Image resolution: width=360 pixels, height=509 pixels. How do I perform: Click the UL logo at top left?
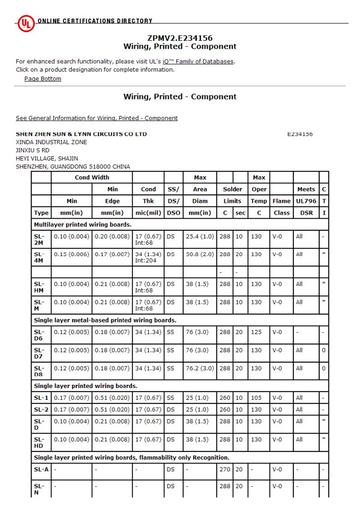tap(26, 23)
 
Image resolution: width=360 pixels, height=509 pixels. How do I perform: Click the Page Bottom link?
tap(43, 79)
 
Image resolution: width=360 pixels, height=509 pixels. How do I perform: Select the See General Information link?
tap(97, 118)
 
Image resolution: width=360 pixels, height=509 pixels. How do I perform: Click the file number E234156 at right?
tap(300, 134)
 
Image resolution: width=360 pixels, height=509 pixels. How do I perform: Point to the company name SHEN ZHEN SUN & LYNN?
tap(81, 134)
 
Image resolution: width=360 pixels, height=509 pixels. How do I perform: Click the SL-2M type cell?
tap(40, 240)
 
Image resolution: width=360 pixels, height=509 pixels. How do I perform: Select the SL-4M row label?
tap(40, 257)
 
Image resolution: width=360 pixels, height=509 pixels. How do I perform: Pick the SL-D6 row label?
tap(40, 335)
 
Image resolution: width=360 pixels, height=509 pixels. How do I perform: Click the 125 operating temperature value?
tap(259, 332)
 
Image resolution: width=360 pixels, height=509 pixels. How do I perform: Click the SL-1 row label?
tap(40, 397)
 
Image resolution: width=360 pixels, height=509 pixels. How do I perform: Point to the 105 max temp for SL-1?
tap(259, 397)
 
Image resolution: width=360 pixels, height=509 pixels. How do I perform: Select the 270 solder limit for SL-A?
tap(224, 469)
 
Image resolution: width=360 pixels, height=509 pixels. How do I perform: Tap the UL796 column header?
tap(306, 201)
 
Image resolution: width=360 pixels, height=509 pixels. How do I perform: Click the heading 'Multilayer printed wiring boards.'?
tap(82, 224)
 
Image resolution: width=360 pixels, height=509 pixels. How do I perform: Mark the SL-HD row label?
tap(40, 442)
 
